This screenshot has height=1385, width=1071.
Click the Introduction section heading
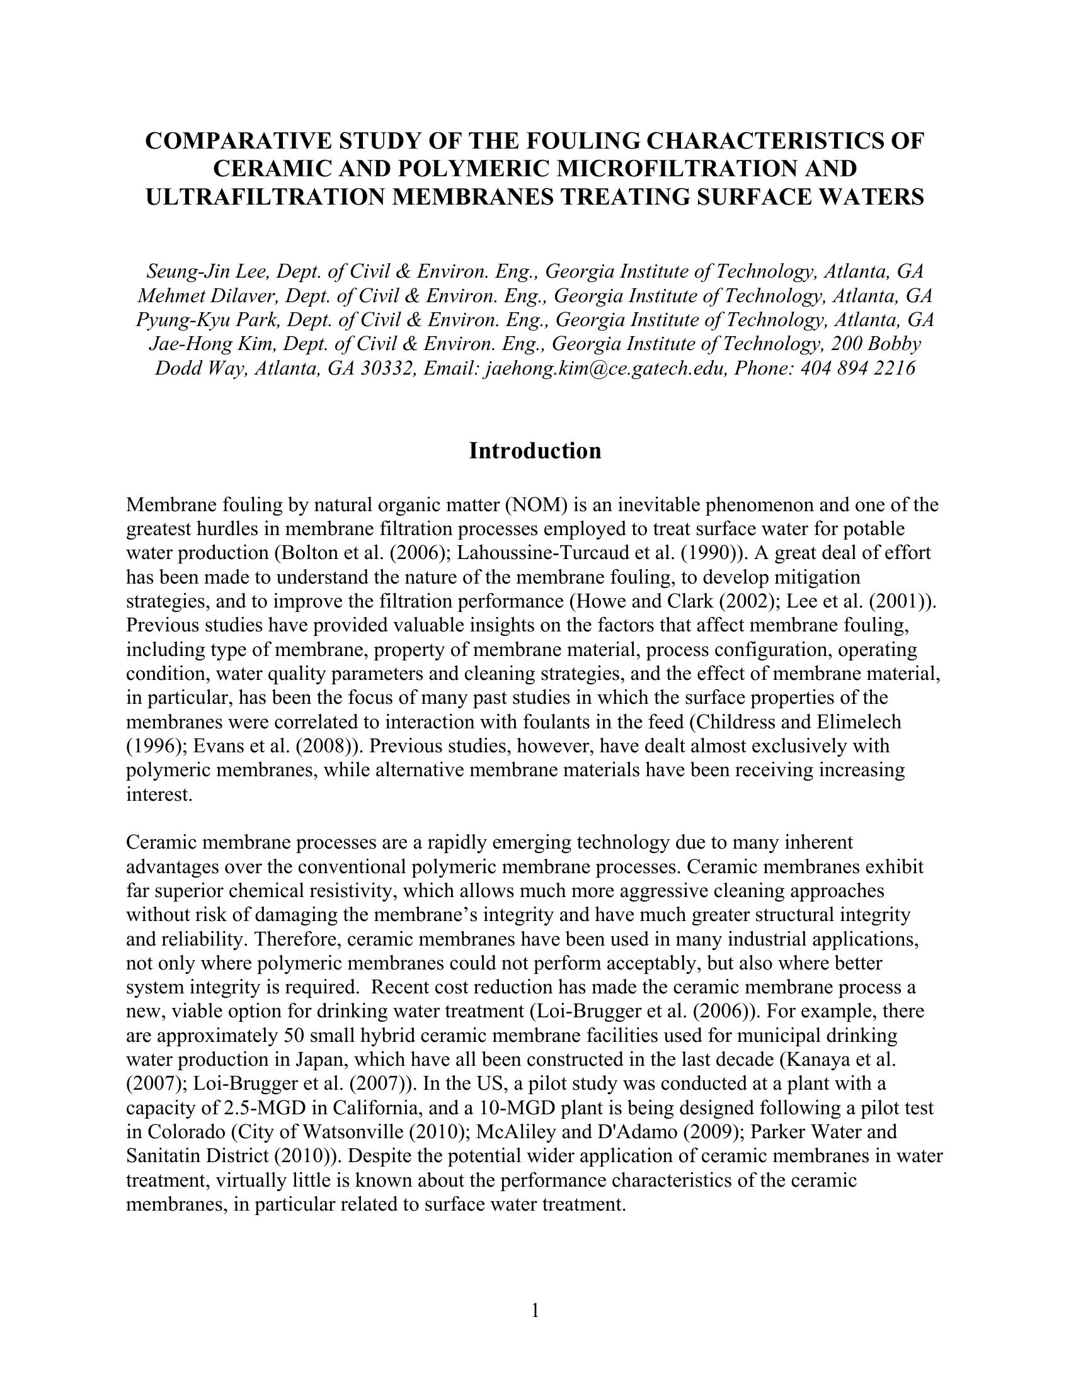click(535, 451)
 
